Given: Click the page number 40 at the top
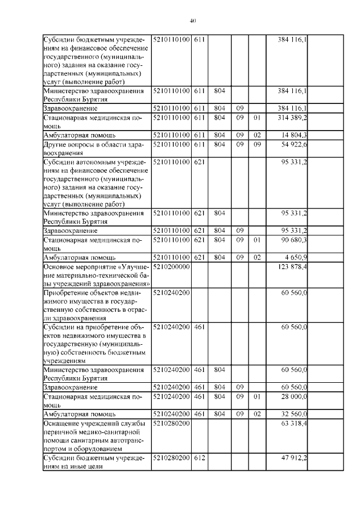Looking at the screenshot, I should [192, 21].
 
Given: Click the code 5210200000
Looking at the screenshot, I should [171, 267].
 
